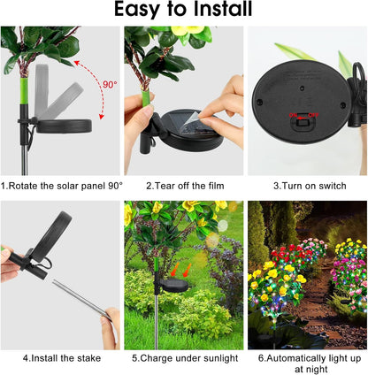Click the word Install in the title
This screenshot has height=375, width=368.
[218, 11]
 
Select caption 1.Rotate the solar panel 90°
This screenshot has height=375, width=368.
[62, 186]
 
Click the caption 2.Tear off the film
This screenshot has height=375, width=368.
[183, 186]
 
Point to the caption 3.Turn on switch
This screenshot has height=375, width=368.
[307, 186]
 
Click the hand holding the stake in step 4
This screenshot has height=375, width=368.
[111, 327]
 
